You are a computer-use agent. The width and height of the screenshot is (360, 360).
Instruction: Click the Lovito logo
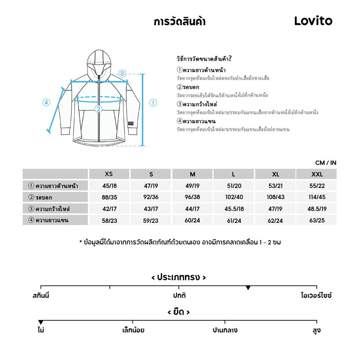(313, 21)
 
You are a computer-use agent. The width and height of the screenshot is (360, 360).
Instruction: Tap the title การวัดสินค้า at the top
(179, 22)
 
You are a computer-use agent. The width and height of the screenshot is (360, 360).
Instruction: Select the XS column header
(109, 174)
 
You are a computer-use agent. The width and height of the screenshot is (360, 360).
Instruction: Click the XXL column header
(317, 174)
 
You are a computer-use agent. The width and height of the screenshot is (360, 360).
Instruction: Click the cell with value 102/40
(234, 197)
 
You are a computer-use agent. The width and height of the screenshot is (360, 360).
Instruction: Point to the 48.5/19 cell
(317, 209)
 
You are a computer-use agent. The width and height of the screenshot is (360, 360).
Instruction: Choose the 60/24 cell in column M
(193, 220)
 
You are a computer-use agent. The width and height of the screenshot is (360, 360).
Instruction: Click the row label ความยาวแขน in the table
(49, 220)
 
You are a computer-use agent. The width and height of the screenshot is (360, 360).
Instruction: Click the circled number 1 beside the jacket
(153, 103)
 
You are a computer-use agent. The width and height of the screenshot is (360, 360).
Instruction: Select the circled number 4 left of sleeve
(46, 102)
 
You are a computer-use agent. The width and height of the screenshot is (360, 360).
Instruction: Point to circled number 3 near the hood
(122, 74)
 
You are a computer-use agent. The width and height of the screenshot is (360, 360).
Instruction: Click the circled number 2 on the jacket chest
(98, 109)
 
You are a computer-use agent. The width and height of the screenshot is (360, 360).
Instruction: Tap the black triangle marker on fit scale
(248, 288)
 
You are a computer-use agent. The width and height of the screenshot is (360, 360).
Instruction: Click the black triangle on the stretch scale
(41, 322)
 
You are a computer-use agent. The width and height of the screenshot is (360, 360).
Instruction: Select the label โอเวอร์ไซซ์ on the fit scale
(316, 296)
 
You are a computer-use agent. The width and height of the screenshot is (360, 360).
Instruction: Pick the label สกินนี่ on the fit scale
(41, 296)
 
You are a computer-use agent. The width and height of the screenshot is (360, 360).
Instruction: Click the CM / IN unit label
(326, 163)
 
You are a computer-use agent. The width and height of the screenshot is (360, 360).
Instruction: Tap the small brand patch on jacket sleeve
(130, 123)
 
